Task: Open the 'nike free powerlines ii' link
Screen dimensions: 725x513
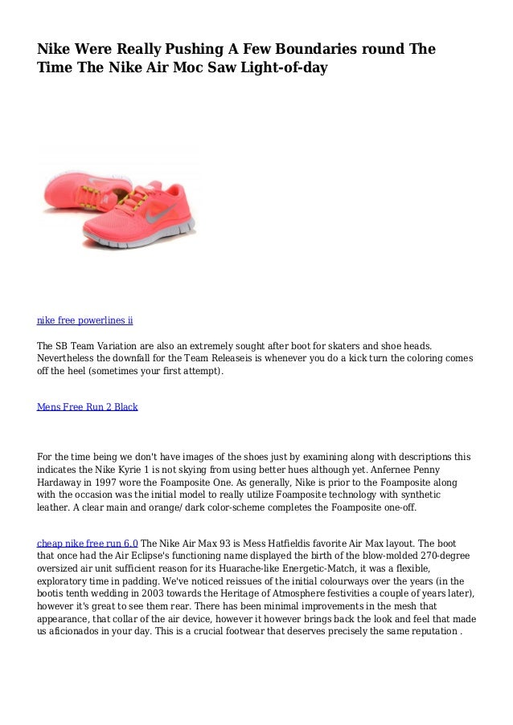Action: [85, 320]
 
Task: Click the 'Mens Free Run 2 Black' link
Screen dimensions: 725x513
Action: [88, 407]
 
